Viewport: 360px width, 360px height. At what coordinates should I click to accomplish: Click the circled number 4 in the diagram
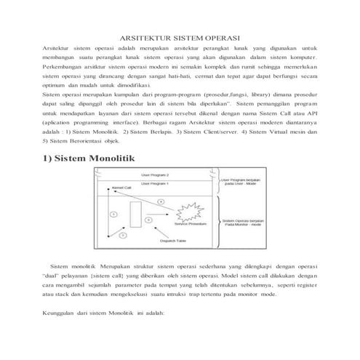tap(159, 201)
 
